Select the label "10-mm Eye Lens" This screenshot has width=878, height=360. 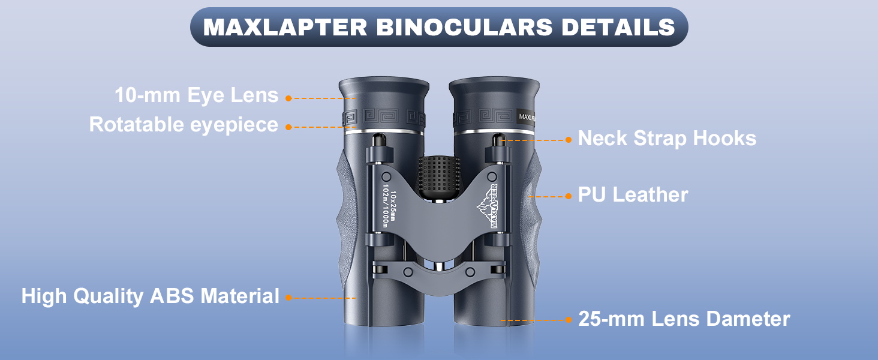click(x=197, y=95)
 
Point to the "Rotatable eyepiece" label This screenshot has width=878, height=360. click(x=184, y=125)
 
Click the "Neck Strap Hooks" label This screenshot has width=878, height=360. click(x=667, y=139)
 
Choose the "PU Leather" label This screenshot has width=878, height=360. click(x=633, y=194)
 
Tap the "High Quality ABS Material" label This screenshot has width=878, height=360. click(x=151, y=296)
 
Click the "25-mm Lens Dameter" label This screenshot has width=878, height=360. click(x=684, y=319)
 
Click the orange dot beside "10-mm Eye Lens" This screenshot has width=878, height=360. click(x=288, y=98)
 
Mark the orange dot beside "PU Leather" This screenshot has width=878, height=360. click(x=569, y=196)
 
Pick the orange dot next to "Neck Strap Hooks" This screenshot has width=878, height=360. click(x=569, y=140)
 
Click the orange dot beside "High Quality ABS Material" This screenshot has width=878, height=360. click(x=288, y=297)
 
